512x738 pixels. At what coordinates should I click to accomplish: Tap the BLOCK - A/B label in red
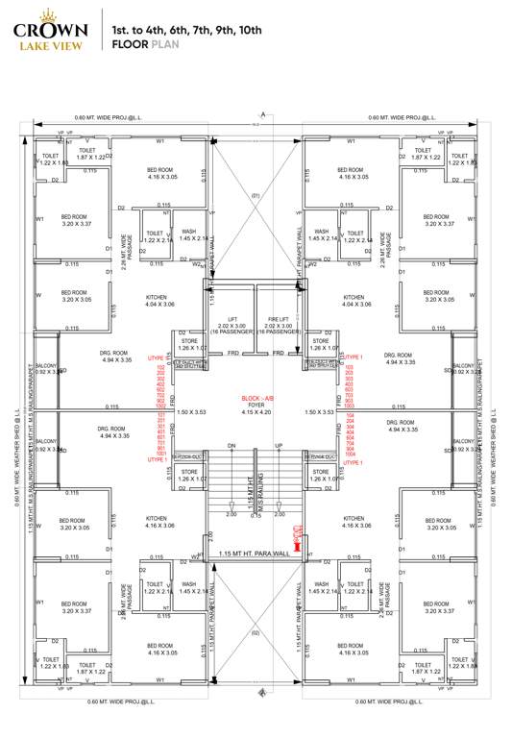click(x=256, y=397)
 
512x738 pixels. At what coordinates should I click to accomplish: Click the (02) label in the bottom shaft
click(x=256, y=633)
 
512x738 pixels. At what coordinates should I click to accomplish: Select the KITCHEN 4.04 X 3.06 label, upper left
click(x=159, y=301)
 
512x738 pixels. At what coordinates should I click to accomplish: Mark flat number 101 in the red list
click(x=160, y=416)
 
